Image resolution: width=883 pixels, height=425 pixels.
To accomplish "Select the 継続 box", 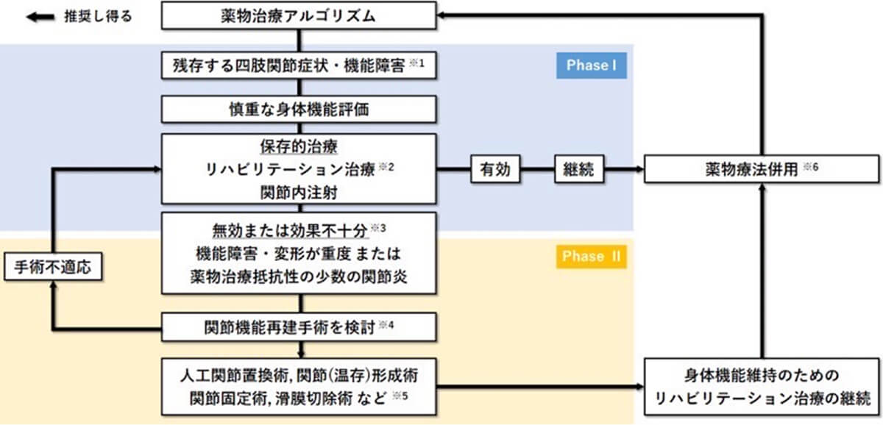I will coord(578,170).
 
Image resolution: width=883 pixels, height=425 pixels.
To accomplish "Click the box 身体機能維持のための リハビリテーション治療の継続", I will coord(761,387).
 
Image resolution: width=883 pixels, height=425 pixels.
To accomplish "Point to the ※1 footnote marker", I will coord(417,63).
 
